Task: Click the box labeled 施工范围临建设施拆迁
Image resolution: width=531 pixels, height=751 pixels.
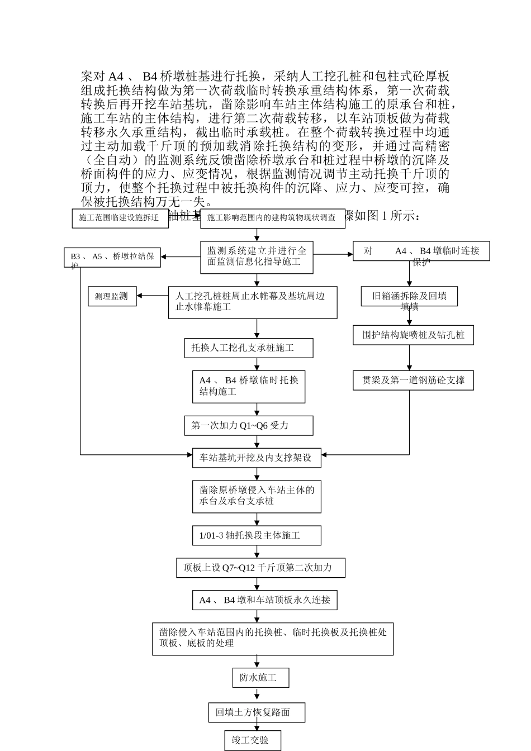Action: point(120,218)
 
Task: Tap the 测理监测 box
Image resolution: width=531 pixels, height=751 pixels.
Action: point(112,296)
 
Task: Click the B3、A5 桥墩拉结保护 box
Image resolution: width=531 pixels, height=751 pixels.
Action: point(112,257)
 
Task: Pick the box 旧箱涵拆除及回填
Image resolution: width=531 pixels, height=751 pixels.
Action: point(409,296)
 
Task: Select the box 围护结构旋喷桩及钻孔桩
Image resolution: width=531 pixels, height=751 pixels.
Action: point(413,335)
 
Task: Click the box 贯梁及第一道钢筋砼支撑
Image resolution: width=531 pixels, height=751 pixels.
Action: point(413,380)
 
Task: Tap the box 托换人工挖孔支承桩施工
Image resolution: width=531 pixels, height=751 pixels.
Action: point(249,348)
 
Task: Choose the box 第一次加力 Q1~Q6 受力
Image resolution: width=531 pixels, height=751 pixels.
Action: point(249,425)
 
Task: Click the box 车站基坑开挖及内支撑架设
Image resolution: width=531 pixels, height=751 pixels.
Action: point(257,458)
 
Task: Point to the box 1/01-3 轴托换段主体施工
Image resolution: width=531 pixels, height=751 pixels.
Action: point(257,535)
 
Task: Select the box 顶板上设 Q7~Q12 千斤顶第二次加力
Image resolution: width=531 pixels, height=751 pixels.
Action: point(260,568)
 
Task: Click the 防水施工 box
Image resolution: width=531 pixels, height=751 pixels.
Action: point(260,678)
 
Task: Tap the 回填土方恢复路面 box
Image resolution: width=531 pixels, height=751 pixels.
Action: point(257,712)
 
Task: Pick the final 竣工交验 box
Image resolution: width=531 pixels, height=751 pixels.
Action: point(253,740)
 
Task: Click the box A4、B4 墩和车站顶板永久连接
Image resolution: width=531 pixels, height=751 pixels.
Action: point(265,600)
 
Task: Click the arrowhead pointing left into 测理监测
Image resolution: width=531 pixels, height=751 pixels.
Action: point(140,296)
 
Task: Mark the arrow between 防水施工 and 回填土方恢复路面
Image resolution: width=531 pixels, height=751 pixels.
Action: point(257,695)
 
